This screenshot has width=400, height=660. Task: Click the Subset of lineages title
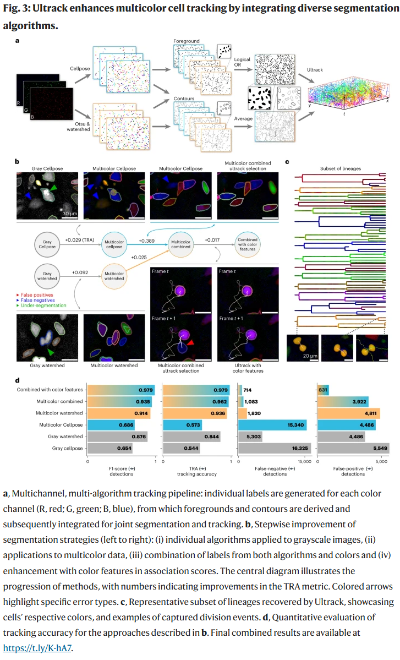[x=341, y=168]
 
